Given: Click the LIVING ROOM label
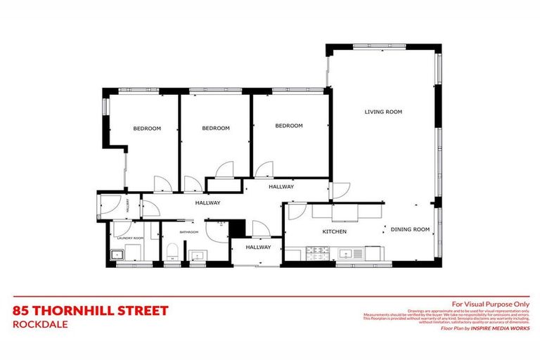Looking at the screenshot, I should (x=382, y=111).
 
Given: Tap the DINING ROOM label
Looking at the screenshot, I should (x=410, y=229).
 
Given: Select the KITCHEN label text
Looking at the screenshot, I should (x=335, y=231).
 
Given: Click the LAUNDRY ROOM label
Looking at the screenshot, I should (x=129, y=238).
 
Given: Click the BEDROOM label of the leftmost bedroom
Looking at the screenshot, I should (x=147, y=128).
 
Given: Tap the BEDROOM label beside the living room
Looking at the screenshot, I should (x=288, y=126).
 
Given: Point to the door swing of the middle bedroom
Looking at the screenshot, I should (x=226, y=169).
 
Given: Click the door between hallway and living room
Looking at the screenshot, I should (x=341, y=189).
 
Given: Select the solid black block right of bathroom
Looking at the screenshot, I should (x=237, y=228).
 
